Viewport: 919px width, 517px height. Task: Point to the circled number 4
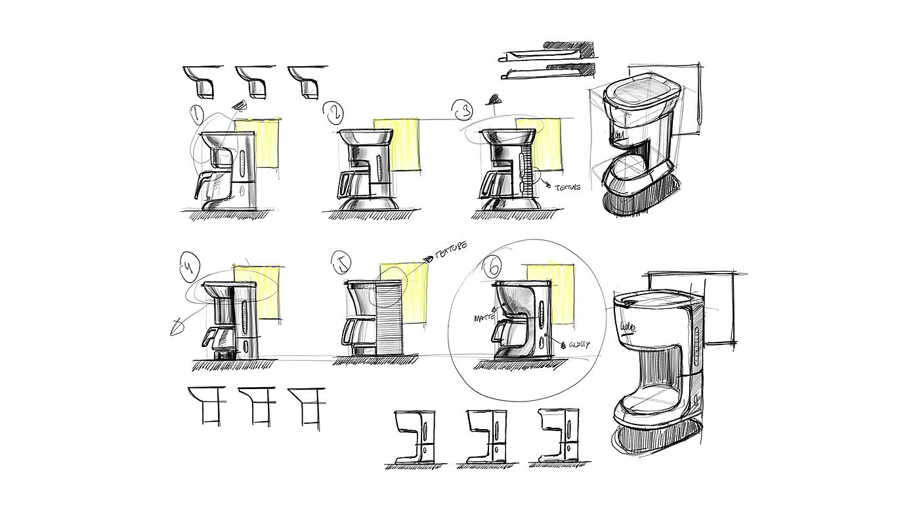[188, 267]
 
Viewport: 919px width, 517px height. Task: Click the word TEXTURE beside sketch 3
[567, 188]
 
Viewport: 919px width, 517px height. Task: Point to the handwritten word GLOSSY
[577, 344]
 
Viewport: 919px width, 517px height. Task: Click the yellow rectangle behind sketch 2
[396, 144]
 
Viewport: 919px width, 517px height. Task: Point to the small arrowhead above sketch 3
[493, 100]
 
